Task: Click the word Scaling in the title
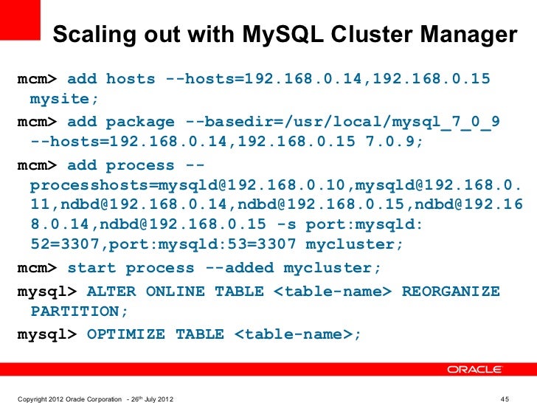(92, 35)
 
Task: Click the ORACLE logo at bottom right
(474, 370)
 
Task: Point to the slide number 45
(505, 399)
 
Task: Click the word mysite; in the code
(63, 98)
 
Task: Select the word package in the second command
(140, 122)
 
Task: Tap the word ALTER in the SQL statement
(111, 292)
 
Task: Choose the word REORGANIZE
(450, 292)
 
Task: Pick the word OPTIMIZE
(126, 334)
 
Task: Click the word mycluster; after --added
(328, 268)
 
